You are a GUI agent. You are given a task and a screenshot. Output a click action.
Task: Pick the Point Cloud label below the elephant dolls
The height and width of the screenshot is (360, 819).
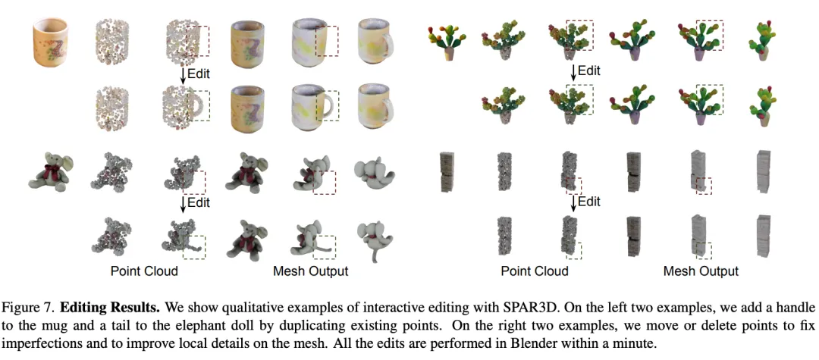coord(144,271)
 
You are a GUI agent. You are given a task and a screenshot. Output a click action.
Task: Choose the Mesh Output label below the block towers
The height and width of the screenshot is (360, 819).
coord(701,271)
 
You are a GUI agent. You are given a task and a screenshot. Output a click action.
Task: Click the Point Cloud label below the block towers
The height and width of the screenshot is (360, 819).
coord(534,271)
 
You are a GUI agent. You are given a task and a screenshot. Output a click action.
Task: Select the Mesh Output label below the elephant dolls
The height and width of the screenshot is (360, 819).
coord(311,271)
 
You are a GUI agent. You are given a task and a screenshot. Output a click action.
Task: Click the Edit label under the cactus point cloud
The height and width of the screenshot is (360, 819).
coord(588,70)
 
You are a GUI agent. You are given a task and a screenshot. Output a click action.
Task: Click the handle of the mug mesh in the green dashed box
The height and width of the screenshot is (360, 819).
coord(329,105)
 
